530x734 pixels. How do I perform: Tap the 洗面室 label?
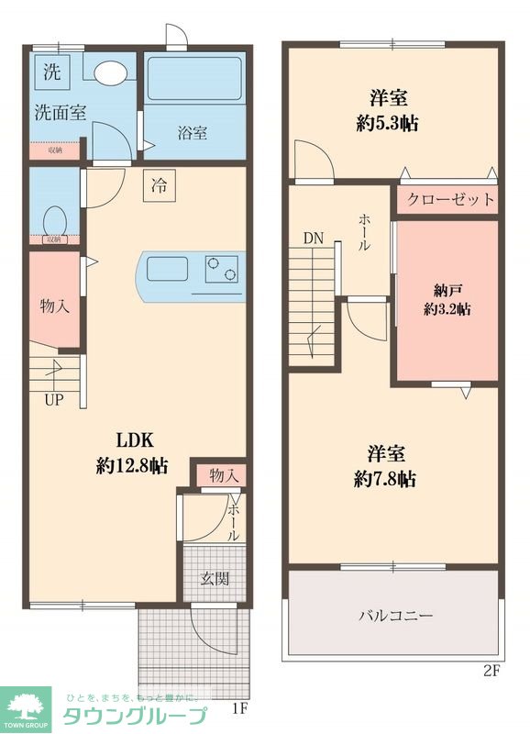(61, 114)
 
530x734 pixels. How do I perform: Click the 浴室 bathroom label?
(192, 133)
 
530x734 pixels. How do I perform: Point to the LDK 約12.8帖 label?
(132, 452)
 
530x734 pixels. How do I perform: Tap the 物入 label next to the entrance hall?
(225, 475)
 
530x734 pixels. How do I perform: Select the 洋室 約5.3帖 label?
(388, 110)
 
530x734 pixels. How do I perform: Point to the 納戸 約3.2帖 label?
(447, 301)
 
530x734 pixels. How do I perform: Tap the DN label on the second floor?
(314, 239)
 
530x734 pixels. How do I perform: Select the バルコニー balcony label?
(395, 615)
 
